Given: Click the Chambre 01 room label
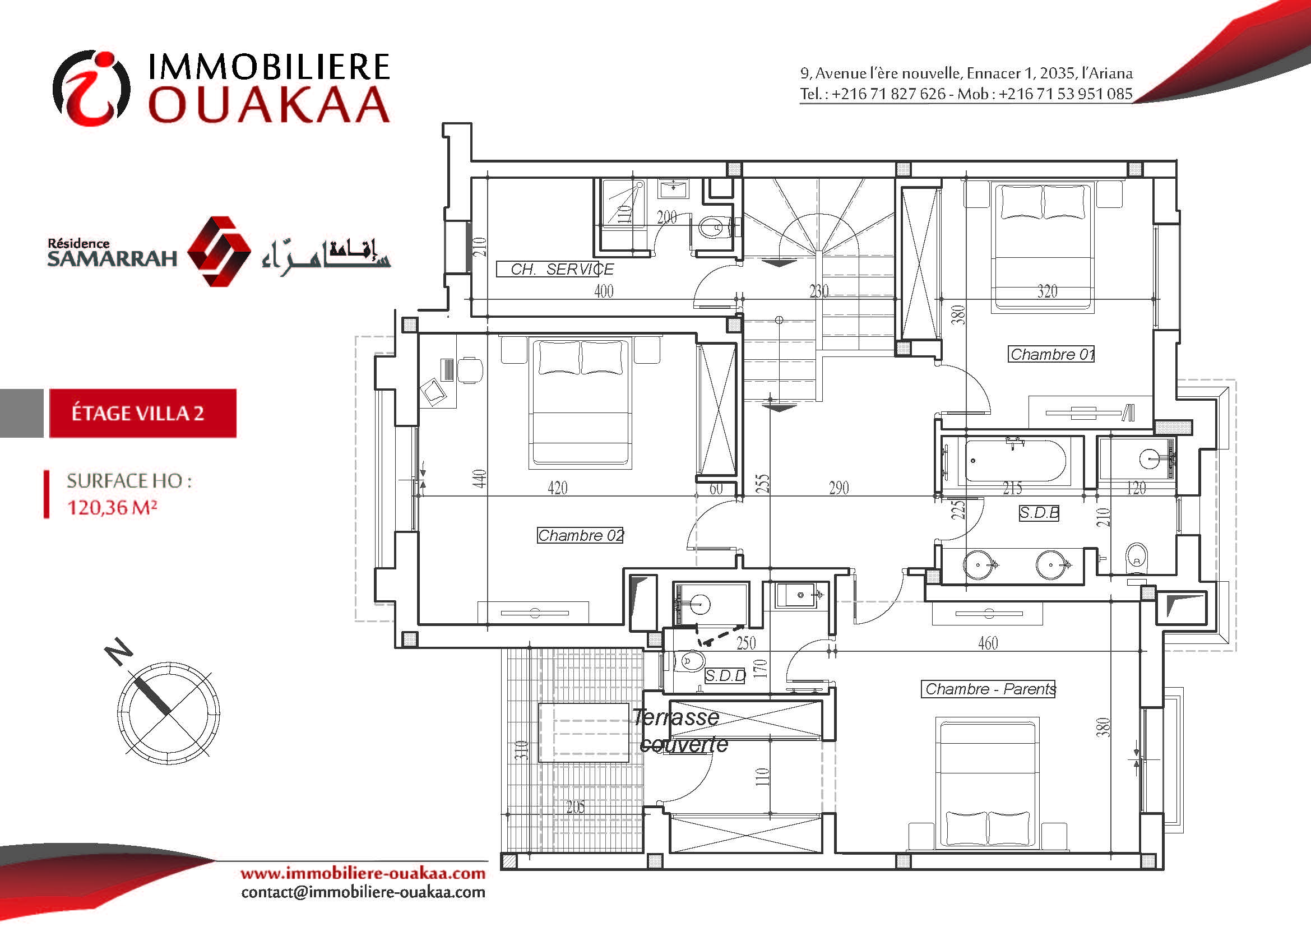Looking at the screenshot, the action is pyautogui.click(x=1051, y=354).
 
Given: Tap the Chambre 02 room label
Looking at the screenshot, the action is pyautogui.click(x=580, y=535).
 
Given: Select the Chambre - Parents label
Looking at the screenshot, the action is pyautogui.click(x=988, y=689).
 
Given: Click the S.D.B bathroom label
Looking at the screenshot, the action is pyautogui.click(x=1039, y=513).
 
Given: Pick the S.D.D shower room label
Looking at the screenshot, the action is pyautogui.click(x=725, y=676).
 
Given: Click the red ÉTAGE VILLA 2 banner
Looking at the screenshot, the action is pyautogui.click(x=143, y=413).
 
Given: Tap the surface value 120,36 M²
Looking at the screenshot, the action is pyautogui.click(x=112, y=507).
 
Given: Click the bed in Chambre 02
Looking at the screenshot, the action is pyautogui.click(x=581, y=402).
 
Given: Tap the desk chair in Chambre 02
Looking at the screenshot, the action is pyautogui.click(x=470, y=369).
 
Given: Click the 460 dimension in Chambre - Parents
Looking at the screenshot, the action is pyautogui.click(x=988, y=643).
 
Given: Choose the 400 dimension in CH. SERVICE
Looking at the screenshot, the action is pyautogui.click(x=604, y=291).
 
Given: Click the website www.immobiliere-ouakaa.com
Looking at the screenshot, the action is pyautogui.click(x=363, y=874).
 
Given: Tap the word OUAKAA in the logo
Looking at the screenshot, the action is pyautogui.click(x=269, y=104).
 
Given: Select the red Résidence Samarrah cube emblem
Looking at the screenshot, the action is pyautogui.click(x=219, y=251).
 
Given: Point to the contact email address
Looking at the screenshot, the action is pyautogui.click(x=363, y=892).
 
